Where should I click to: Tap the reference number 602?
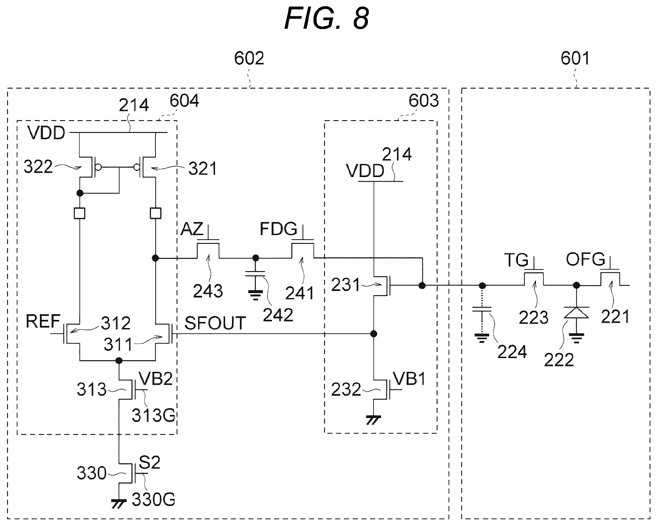coord(249,58)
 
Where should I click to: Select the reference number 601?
coord(575,58)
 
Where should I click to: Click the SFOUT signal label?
coord(215,323)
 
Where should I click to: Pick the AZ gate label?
coord(192,229)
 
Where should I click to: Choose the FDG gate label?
coord(278,229)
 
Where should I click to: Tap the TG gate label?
coord(516,260)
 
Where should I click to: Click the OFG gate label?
coord(585,260)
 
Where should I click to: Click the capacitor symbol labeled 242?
coord(255,274)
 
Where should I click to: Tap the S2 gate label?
coord(150,462)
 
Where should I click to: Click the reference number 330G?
coord(153,499)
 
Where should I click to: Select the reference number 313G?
coord(153,415)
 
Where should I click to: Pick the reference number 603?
coord(424,101)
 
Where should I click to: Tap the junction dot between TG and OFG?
coord(576,285)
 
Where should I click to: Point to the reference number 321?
coord(203,169)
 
